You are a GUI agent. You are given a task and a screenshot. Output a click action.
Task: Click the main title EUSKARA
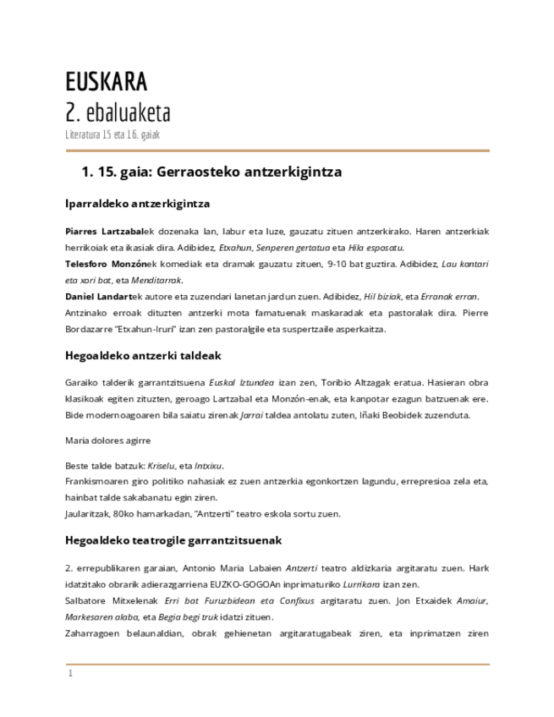click(x=106, y=82)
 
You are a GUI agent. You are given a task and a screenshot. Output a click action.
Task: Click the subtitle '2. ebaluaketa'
click(x=118, y=112)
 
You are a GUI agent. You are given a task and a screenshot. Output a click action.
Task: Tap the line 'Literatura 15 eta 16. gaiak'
click(x=112, y=134)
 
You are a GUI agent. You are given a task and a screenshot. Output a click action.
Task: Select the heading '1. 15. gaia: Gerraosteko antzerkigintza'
click(x=211, y=172)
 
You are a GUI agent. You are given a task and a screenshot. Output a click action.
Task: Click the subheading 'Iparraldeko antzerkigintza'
click(x=137, y=204)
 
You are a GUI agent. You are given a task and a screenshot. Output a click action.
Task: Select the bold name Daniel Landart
click(x=99, y=297)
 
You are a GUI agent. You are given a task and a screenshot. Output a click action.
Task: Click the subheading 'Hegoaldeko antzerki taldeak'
click(x=143, y=356)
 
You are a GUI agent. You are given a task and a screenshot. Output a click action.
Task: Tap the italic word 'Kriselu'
click(x=163, y=466)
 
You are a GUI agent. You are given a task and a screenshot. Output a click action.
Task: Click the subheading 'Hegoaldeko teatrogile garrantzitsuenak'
click(x=173, y=539)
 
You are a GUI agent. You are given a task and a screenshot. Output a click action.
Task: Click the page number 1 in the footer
click(x=71, y=675)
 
